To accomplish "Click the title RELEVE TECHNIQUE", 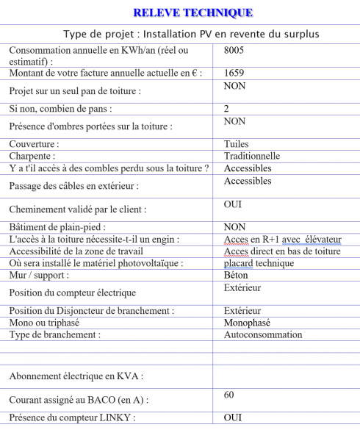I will coord(193,12).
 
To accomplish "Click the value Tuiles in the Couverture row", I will coord(237,144).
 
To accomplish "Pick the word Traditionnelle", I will coord(252,156).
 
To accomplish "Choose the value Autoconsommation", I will coord(262,334).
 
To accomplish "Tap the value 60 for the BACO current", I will coord(230,395).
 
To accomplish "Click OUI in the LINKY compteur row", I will coord(233,417).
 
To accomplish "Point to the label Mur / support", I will coord(39,275).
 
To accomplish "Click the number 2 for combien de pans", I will coord(226,109).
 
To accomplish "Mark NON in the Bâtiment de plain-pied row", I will coord(234,227).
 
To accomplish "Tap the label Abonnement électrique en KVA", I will coord(76,376).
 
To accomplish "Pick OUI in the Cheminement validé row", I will coord(233,204).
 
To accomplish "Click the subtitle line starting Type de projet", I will coord(191,34).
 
